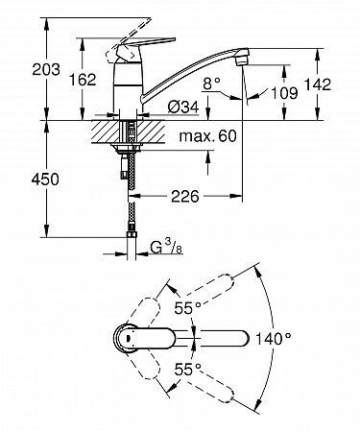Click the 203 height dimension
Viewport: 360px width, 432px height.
click(x=46, y=69)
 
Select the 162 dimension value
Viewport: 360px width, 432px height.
click(x=83, y=80)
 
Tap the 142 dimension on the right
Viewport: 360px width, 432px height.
click(x=317, y=84)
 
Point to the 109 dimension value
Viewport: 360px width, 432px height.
click(x=284, y=93)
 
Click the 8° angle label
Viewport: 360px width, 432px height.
click(x=212, y=84)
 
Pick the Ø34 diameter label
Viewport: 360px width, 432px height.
click(x=183, y=107)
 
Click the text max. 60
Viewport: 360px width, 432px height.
click(x=208, y=136)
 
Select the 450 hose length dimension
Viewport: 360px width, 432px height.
click(x=45, y=180)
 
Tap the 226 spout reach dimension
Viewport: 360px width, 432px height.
click(x=185, y=196)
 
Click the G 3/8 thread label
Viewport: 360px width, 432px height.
click(x=166, y=247)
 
